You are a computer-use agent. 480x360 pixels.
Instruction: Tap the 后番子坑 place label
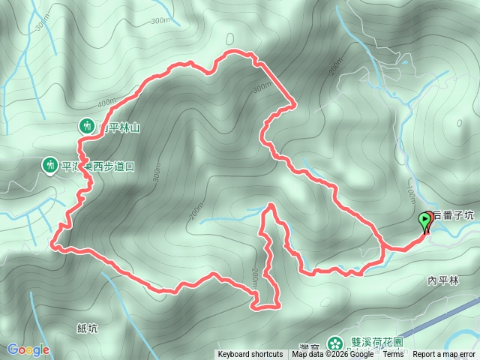pyautogui.click(x=454, y=215)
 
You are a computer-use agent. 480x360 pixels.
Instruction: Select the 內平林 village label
pyautogui.click(x=442, y=280)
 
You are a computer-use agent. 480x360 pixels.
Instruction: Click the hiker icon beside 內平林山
pyautogui.click(x=87, y=126)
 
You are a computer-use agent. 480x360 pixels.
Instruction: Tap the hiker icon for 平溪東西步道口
pyautogui.click(x=50, y=163)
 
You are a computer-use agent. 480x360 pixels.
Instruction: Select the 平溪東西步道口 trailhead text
pyautogui.click(x=97, y=166)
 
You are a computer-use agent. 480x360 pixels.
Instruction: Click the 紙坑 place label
pyautogui.click(x=88, y=328)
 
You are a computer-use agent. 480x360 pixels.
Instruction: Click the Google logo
pyautogui.click(x=28, y=349)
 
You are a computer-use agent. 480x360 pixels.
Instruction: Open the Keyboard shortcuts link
pyautogui.click(x=250, y=354)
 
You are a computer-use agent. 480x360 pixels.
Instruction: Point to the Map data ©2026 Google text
pyautogui.click(x=333, y=354)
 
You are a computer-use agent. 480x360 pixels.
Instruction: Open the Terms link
pyautogui.click(x=393, y=354)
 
